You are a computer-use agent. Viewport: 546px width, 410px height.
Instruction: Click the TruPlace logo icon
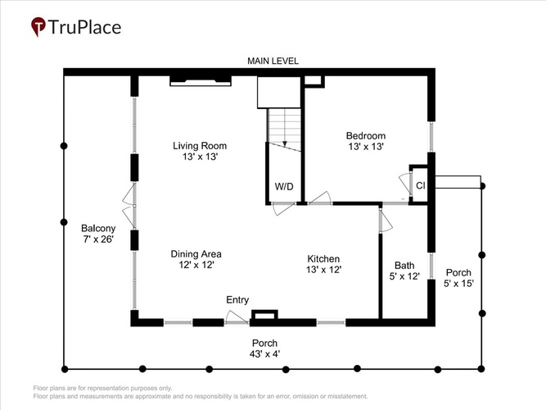pos(38,26)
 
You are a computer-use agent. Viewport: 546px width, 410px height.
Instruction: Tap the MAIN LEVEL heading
pos(273,61)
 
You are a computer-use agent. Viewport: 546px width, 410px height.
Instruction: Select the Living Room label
pos(200,145)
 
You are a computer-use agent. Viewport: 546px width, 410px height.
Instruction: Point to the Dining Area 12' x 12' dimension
pos(196,265)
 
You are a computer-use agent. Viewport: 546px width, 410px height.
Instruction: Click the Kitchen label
pos(323,259)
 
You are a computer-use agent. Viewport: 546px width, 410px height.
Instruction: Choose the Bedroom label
pos(366,135)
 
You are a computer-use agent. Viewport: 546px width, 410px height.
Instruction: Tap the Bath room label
pos(404,266)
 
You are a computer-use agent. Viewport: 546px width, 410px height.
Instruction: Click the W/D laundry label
pos(284,186)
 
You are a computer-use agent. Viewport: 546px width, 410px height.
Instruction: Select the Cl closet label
pos(421,185)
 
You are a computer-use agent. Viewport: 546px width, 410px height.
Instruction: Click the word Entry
pos(237,300)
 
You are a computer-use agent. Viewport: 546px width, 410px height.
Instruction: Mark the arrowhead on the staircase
pos(285,143)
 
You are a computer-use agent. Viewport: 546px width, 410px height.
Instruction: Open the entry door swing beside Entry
pos(237,317)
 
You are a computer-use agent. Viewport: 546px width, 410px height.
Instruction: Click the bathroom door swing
pos(386,220)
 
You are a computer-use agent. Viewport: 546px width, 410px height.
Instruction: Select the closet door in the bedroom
pos(405,185)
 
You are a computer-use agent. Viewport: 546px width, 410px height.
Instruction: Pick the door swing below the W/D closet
pos(284,208)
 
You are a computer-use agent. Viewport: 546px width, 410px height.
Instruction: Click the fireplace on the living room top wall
pos(201,81)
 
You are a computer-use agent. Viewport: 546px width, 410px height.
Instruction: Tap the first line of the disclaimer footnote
pos(102,388)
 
